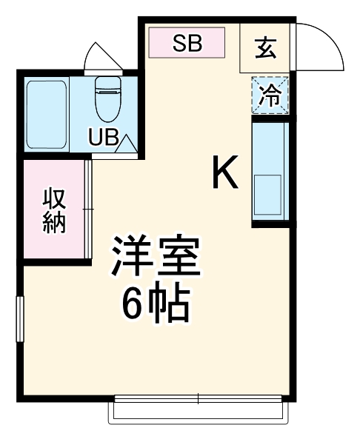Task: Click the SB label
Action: pos(187,44)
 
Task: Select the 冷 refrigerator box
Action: pos(270,96)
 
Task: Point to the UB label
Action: pos(103,138)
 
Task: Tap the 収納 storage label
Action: pos(54,210)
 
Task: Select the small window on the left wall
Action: pos(21,319)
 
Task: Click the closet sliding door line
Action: pos(88,210)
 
